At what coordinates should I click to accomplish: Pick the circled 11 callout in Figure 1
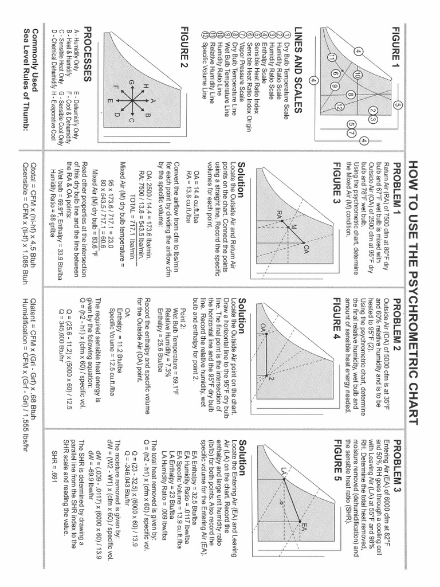[x=332, y=57]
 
